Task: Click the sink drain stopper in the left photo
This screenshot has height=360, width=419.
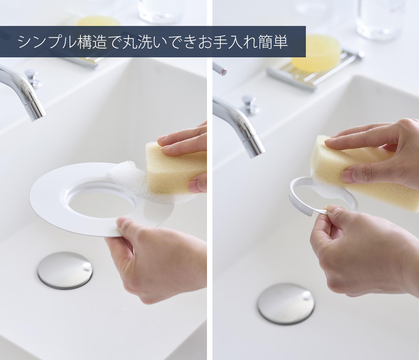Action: click(x=65, y=270)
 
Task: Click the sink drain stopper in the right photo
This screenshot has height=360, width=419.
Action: click(x=286, y=303)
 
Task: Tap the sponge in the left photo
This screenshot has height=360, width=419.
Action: click(x=175, y=169)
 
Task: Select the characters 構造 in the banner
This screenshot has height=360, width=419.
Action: click(x=92, y=42)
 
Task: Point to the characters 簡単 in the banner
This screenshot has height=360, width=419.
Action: click(x=273, y=42)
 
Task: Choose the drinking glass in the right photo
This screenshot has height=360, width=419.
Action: click(x=380, y=19)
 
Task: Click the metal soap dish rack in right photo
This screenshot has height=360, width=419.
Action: click(x=316, y=70)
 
